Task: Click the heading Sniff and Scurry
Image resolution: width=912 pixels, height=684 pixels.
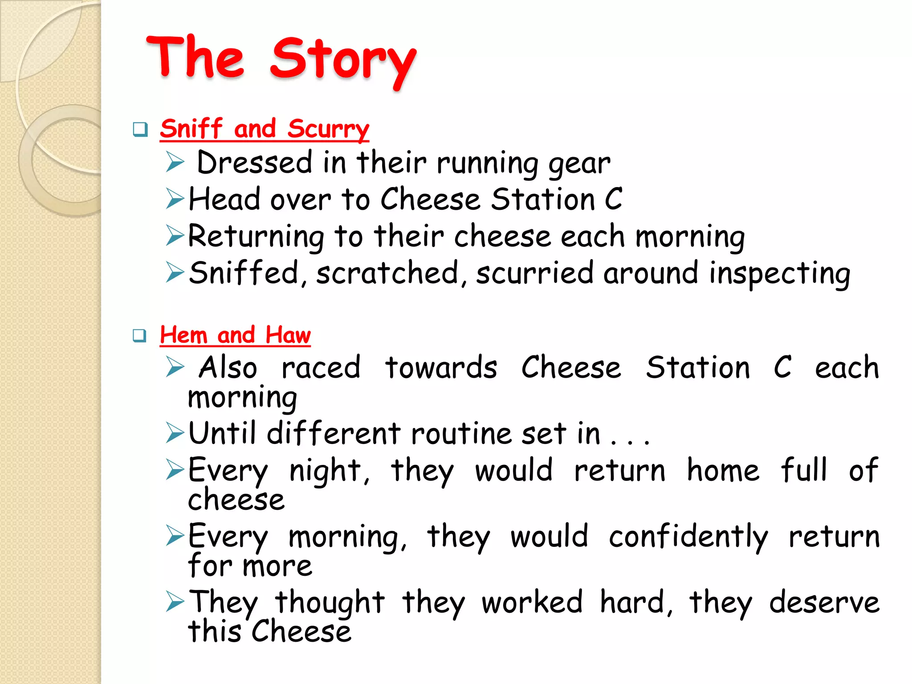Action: pos(265,129)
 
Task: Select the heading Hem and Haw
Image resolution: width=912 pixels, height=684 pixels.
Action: pos(235,335)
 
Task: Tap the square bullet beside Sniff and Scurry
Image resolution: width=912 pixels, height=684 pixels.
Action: pos(140,130)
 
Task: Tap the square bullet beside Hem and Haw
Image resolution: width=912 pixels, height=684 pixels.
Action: pos(140,335)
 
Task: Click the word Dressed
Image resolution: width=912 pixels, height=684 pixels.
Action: pos(255,163)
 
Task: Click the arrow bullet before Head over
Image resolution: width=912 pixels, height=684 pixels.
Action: pos(175,199)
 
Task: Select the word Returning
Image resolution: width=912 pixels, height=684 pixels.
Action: pos(256,236)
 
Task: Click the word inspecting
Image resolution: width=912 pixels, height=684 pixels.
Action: pos(780,273)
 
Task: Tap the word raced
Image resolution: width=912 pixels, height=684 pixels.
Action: pos(321,368)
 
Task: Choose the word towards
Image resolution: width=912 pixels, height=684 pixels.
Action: pos(441,368)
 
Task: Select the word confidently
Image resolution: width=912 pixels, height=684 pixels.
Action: pos(688,537)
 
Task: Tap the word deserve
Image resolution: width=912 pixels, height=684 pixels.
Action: pos(824,603)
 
